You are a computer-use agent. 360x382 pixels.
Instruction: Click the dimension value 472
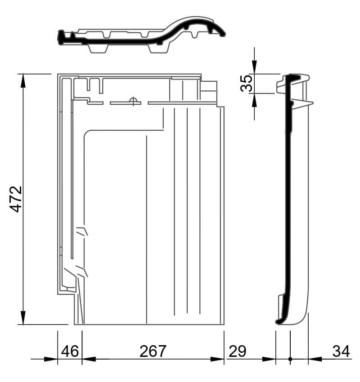[x=16, y=199]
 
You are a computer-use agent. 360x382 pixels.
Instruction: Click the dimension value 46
[x=70, y=351]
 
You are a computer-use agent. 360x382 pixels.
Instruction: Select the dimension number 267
[x=153, y=351]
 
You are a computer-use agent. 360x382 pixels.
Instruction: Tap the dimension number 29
[x=238, y=351]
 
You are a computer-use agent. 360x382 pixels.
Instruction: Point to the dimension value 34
[x=341, y=351]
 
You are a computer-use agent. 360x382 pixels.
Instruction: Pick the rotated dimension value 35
[x=246, y=83]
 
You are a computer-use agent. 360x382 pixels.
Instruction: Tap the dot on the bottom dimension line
[x=290, y=359]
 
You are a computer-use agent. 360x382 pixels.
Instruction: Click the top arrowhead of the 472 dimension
[x=23, y=80]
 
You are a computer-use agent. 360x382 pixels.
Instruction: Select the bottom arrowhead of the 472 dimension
[x=23, y=318]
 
